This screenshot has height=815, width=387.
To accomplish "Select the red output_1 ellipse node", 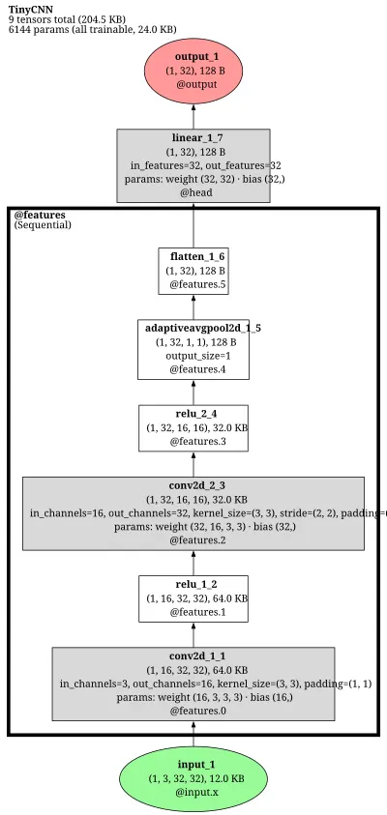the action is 193,71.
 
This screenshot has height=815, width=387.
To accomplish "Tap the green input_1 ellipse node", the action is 193,778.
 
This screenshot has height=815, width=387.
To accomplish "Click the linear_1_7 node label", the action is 193,138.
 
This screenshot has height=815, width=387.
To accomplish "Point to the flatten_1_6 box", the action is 193,271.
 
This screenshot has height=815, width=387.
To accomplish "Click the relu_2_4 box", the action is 193,428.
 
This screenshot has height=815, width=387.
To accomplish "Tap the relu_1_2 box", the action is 193,598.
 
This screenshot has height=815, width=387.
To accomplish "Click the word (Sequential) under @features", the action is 43,225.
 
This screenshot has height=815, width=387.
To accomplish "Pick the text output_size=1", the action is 193,356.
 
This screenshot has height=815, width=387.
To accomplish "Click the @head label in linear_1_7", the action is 193,192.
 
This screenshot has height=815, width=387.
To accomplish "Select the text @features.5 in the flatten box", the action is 197,285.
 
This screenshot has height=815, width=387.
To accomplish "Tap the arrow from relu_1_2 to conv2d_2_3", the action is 193,563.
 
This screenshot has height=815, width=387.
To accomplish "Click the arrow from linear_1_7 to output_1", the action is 193,116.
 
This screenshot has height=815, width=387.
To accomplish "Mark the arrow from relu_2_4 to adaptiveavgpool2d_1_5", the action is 193,393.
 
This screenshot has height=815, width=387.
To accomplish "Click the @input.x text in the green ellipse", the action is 193,793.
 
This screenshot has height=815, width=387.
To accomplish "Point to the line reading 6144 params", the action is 93,30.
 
